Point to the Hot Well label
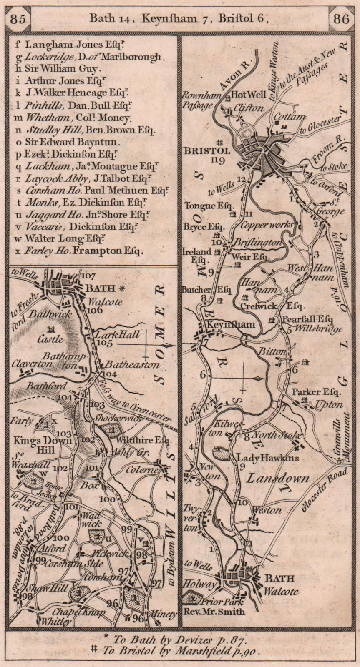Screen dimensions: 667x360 (x=248, y=95)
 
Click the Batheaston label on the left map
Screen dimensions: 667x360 (x=132, y=365)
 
